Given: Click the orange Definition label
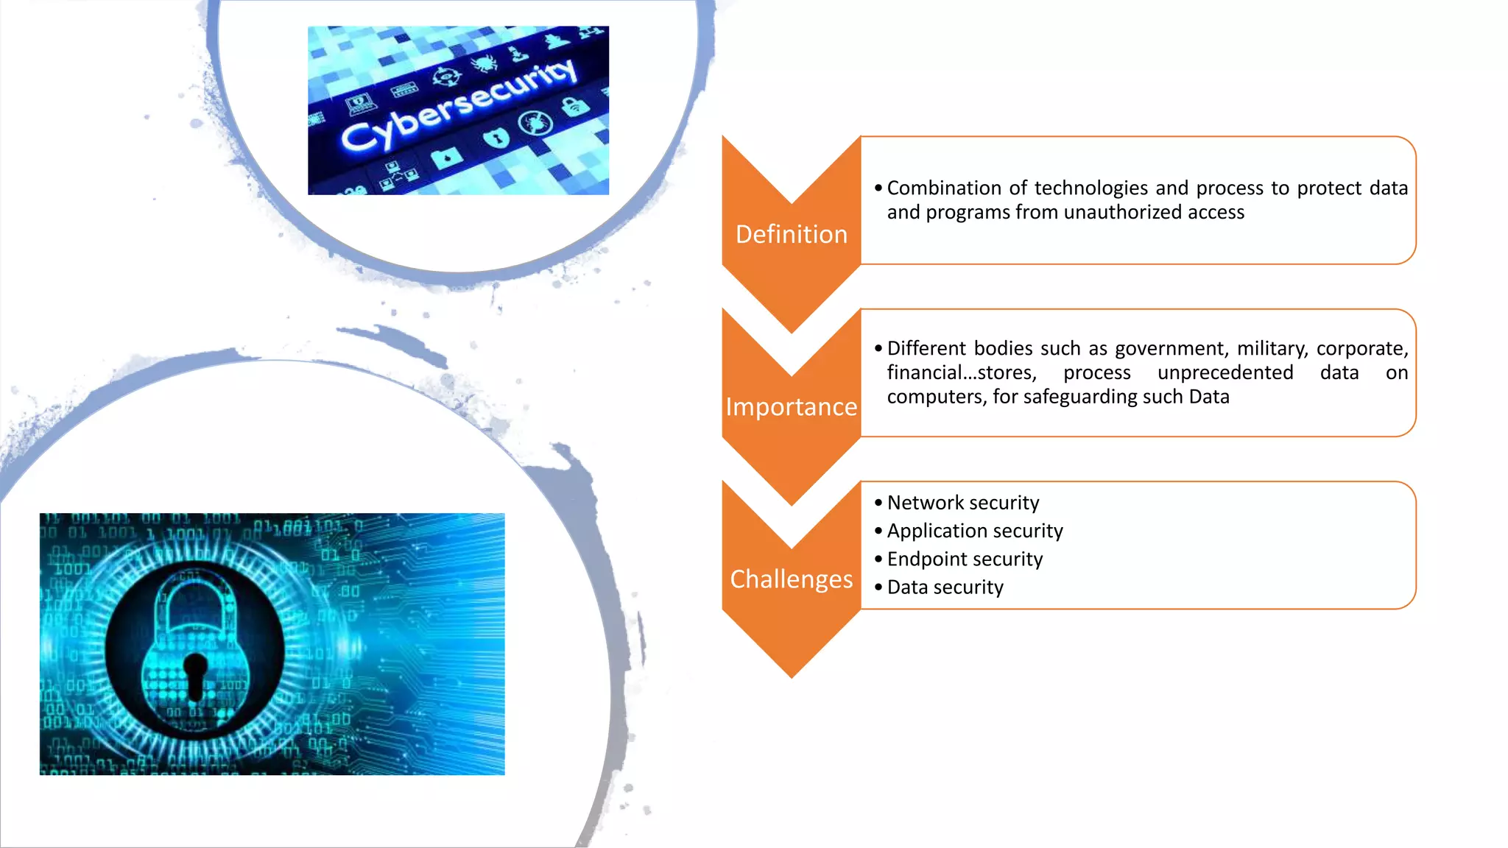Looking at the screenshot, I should click(x=792, y=234).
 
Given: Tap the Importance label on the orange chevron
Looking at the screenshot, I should click(x=792, y=406).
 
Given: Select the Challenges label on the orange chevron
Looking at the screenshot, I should click(x=792, y=579).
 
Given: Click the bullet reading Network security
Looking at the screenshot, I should click(x=962, y=503).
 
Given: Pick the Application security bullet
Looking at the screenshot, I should click(x=975, y=531).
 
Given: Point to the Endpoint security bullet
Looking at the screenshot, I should click(x=965, y=559).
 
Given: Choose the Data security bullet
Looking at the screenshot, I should click(x=945, y=587).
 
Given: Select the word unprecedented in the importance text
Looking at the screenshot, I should click(x=1225, y=372).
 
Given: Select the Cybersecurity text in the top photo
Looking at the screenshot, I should click(x=459, y=105).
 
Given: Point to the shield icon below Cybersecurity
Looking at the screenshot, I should click(x=496, y=137).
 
